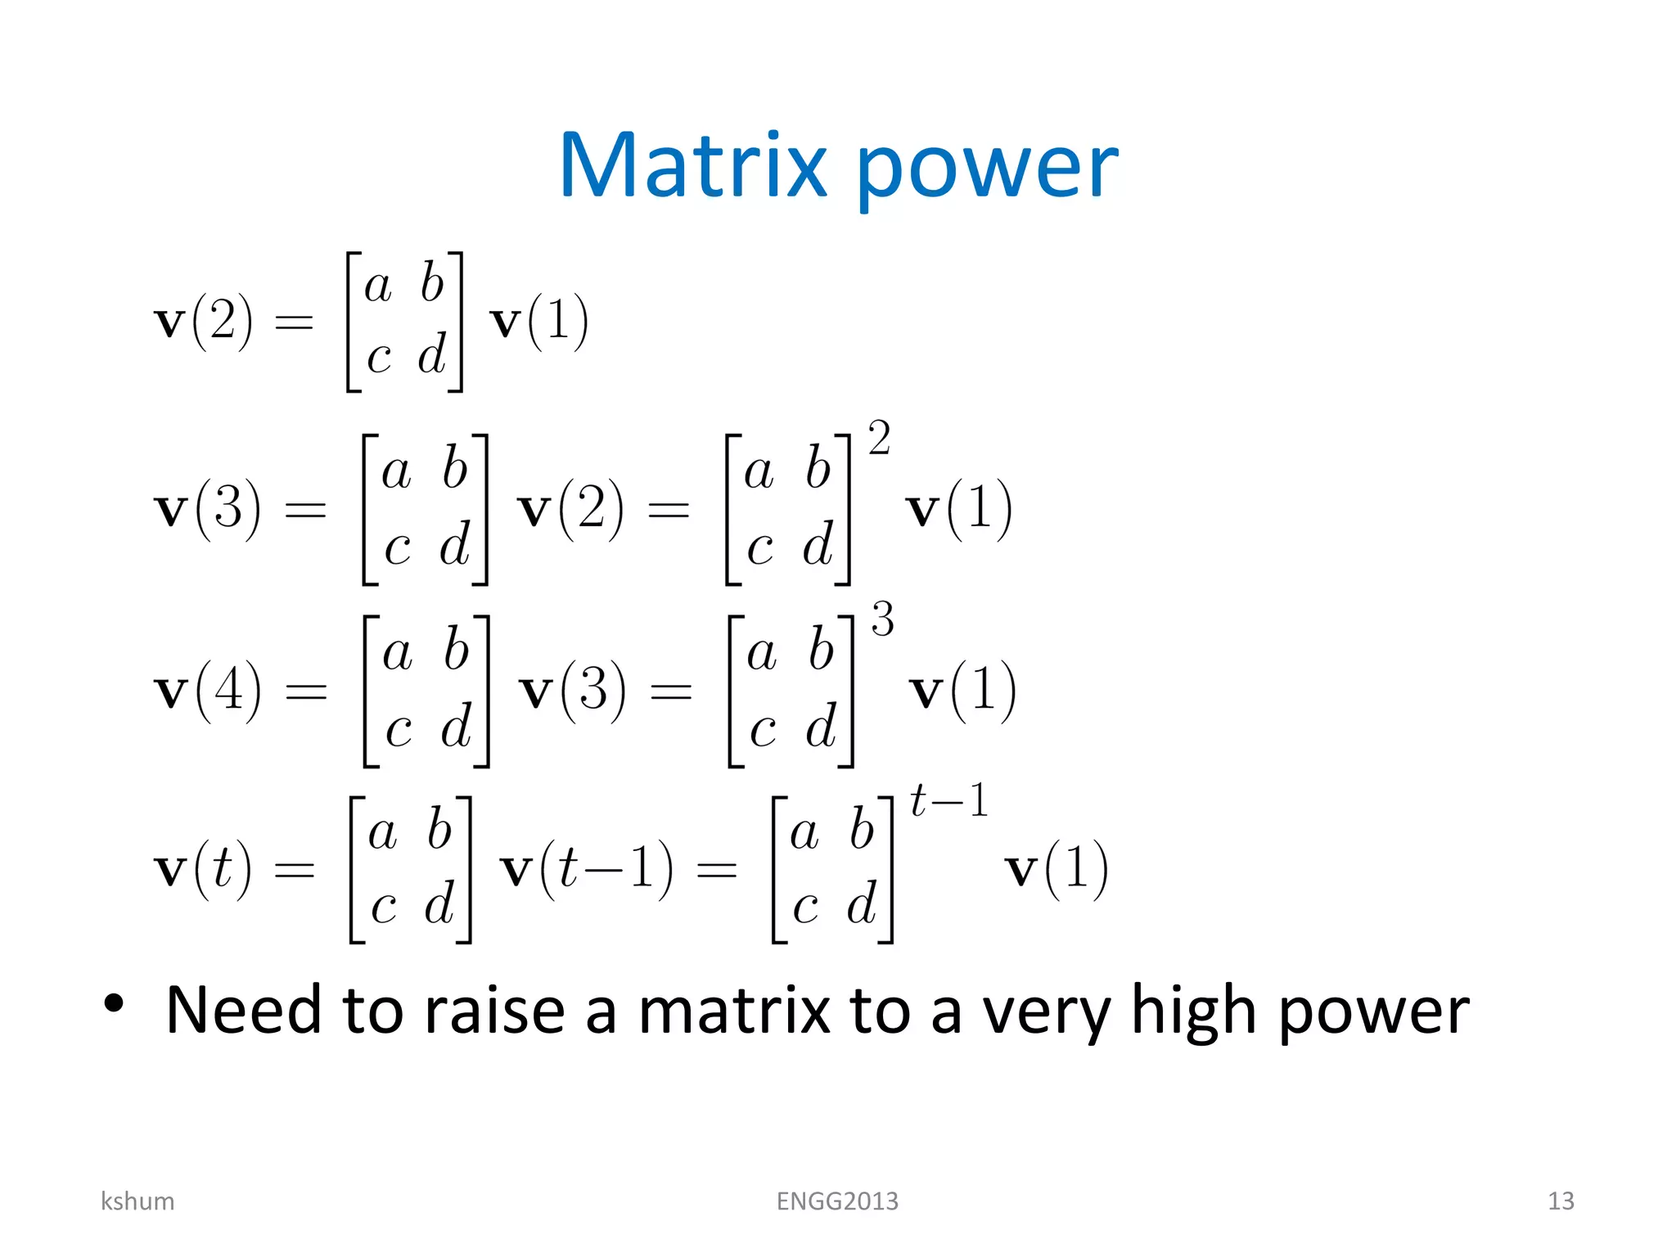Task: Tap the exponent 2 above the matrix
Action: [879, 439]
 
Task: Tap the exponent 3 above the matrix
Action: [882, 619]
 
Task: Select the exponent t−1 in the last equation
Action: [949, 800]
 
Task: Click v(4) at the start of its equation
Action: [208, 691]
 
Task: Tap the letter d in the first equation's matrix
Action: [431, 354]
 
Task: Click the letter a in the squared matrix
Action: [759, 472]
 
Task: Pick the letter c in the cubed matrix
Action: [762, 728]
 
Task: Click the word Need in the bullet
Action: [243, 1011]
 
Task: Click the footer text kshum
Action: [137, 1201]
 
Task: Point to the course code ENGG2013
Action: [837, 1201]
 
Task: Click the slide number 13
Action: [1561, 1201]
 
